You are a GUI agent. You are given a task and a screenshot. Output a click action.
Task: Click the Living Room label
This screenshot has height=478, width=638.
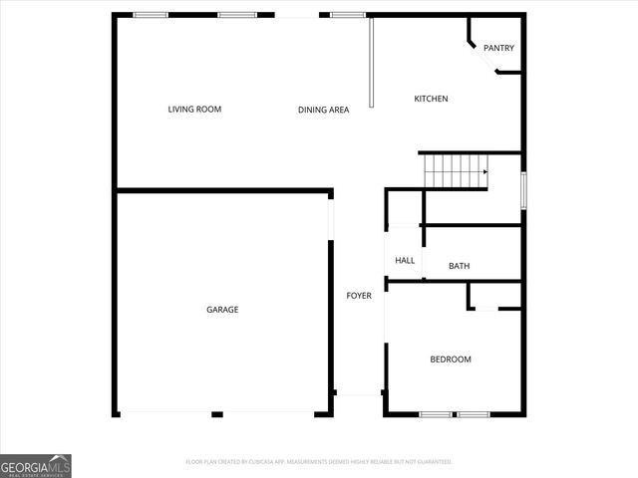pos(194,109)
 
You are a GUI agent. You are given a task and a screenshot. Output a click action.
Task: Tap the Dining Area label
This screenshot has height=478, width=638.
pos(323,110)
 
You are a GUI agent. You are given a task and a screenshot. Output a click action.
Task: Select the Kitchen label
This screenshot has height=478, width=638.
pos(431,99)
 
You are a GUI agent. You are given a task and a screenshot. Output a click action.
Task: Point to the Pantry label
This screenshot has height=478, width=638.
pos(498,48)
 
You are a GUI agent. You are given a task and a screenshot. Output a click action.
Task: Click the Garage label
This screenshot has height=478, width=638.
pos(222,310)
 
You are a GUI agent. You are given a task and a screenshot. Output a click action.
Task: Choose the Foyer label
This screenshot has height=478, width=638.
pos(359,296)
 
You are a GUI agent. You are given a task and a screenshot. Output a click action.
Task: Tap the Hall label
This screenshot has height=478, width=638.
pos(405,261)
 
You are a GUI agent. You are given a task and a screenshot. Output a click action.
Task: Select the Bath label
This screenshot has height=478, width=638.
pos(459,266)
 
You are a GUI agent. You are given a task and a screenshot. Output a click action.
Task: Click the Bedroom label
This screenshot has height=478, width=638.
pos(451,359)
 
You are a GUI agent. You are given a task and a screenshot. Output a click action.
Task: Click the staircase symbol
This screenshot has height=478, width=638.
pos(455,171)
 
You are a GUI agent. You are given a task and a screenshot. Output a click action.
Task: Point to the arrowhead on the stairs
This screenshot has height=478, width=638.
pos(484,172)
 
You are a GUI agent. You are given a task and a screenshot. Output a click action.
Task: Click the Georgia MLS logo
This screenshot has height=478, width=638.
pos(36,465)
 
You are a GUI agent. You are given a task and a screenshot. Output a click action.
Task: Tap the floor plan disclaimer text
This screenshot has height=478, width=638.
pos(319,462)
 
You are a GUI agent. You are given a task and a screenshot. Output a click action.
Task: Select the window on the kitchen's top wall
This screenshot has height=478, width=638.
pos(348,15)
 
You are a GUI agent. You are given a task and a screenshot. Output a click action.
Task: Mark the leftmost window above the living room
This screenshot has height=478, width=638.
pos(151,15)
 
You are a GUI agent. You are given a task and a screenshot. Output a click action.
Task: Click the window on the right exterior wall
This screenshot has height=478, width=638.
pos(523,189)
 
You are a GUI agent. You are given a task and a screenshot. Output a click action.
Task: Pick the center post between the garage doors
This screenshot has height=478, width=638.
pos(216,414)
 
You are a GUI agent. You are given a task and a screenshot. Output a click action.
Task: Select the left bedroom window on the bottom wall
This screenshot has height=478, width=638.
pos(436,414)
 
